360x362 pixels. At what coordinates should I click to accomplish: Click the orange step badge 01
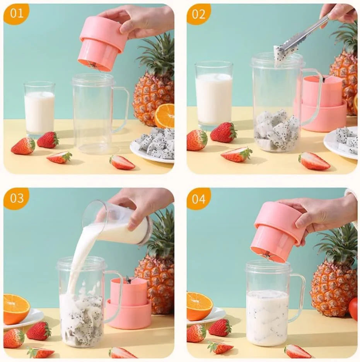pyautogui.click(x=16, y=14)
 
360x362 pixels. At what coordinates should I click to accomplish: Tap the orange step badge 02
pyautogui.click(x=198, y=14)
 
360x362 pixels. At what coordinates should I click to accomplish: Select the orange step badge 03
pyautogui.click(x=16, y=198)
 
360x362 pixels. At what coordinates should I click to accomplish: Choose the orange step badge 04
pyautogui.click(x=198, y=199)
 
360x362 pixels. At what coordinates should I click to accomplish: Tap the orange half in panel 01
pyautogui.click(x=165, y=116)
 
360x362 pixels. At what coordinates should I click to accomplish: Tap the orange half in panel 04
pyautogui.click(x=199, y=306)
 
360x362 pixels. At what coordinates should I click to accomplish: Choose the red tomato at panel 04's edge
pyautogui.click(x=353, y=309)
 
